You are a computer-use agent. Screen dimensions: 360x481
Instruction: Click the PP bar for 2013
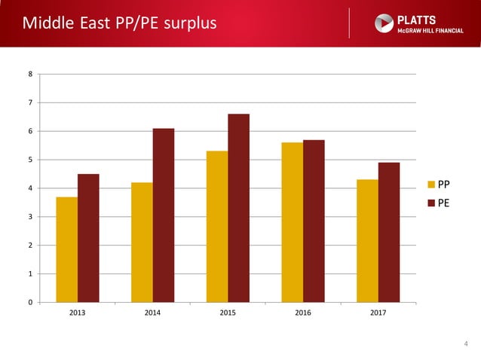66,249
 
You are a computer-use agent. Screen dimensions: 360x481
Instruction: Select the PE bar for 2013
88,238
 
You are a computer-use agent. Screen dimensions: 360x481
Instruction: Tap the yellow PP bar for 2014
142,242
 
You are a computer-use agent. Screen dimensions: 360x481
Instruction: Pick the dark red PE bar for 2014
164,215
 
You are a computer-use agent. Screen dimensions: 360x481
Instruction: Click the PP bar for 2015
217,227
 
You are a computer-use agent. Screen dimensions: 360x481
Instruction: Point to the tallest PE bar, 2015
238,208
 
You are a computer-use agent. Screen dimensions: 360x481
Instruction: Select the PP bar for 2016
292,222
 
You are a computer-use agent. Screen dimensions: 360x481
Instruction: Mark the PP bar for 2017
367,241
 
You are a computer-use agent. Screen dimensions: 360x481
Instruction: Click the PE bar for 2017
389,232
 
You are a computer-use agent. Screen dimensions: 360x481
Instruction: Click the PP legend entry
438,184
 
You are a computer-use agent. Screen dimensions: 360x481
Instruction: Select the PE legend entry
438,202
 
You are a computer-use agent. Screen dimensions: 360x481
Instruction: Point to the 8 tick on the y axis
30,74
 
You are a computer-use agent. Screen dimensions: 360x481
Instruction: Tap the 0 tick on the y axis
30,303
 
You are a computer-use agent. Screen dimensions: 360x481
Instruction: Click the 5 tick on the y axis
30,160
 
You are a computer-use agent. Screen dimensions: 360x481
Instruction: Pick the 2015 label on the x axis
228,313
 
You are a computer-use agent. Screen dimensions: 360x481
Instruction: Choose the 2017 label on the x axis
378,313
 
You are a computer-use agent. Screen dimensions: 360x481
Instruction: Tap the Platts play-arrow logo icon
384,23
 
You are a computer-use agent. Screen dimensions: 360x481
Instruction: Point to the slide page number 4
465,344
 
